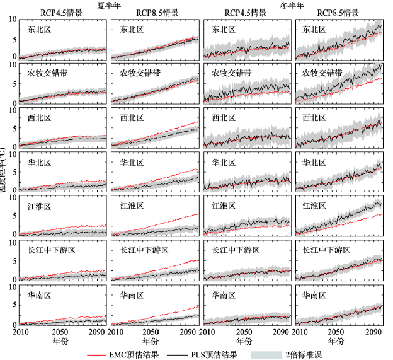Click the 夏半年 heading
tap(109, 5)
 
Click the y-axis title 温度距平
tap(4, 170)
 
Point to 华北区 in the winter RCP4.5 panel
tap(224, 162)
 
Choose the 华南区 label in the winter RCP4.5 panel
tap(224, 294)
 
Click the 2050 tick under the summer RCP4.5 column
tap(61, 332)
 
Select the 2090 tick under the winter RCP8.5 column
tap(372, 332)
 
